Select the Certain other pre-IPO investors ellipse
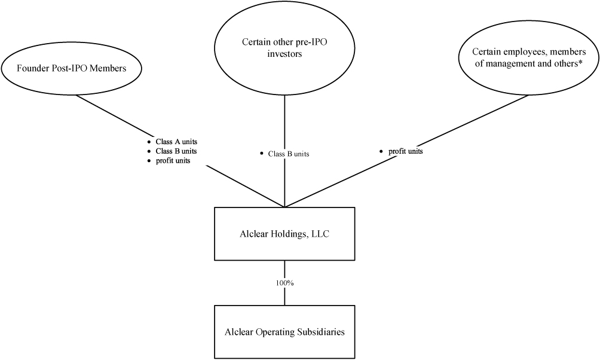pyautogui.click(x=284, y=49)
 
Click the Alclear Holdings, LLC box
pyautogui.click(x=284, y=234)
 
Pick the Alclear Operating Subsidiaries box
pyautogui.click(x=284, y=332)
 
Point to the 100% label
pyautogui.click(x=284, y=282)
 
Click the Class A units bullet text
pyautogui.click(x=176, y=142)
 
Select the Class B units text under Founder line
pyautogui.click(x=176, y=151)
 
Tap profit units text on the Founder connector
pyautogui.click(x=173, y=161)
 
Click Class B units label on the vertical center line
pyautogui.click(x=289, y=154)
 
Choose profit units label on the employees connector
pyautogui.click(x=406, y=151)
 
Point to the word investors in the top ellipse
pyautogui.click(x=284, y=54)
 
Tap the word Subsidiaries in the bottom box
pyautogui.click(x=319, y=332)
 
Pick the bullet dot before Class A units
pyautogui.click(x=149, y=142)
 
